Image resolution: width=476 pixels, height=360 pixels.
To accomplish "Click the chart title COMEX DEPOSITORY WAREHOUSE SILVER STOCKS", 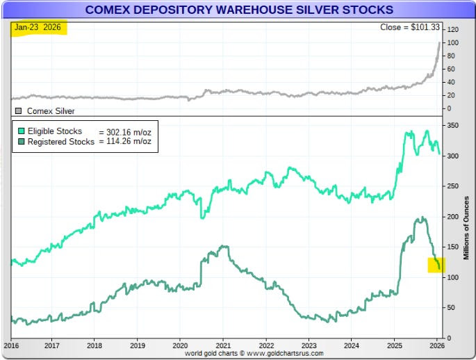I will pyautogui.click(x=238, y=10).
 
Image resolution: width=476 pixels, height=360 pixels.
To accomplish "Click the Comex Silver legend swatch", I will pyautogui.click(x=19, y=111).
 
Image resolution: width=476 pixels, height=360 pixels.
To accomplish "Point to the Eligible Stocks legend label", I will pyautogui.click(x=54, y=131).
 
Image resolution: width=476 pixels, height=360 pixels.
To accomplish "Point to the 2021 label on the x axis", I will pyautogui.click(x=223, y=345).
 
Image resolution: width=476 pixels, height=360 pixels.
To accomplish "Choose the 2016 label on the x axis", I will pyautogui.click(x=12, y=345).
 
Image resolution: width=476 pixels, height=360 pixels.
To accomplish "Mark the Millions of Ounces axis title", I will pyautogui.click(x=466, y=229).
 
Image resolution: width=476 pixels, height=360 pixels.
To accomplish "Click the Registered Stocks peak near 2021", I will pyautogui.click(x=222, y=246).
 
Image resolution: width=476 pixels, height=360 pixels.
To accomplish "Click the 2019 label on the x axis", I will pyautogui.click(x=138, y=345).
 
